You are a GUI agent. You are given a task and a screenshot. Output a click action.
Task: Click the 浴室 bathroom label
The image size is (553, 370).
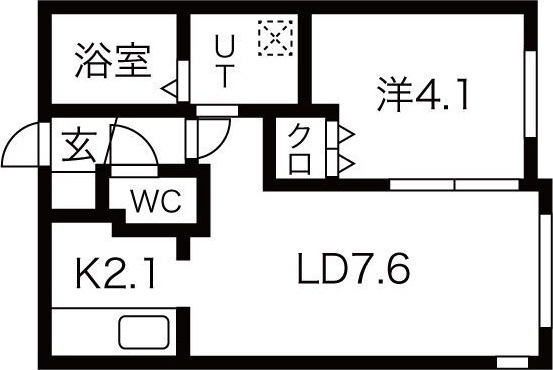[x=112, y=62]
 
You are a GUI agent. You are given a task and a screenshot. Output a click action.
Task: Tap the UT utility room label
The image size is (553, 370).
[x=225, y=62]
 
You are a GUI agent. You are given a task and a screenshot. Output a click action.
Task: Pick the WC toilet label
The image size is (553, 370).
[x=155, y=202]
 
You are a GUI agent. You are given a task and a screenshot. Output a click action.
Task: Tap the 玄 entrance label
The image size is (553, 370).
[x=78, y=146]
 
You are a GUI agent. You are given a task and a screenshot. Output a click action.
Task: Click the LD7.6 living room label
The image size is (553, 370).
[x=354, y=269]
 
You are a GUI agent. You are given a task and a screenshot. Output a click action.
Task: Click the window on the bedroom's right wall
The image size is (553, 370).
[x=530, y=91]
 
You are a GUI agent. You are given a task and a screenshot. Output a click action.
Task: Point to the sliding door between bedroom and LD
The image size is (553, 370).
[x=454, y=185]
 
